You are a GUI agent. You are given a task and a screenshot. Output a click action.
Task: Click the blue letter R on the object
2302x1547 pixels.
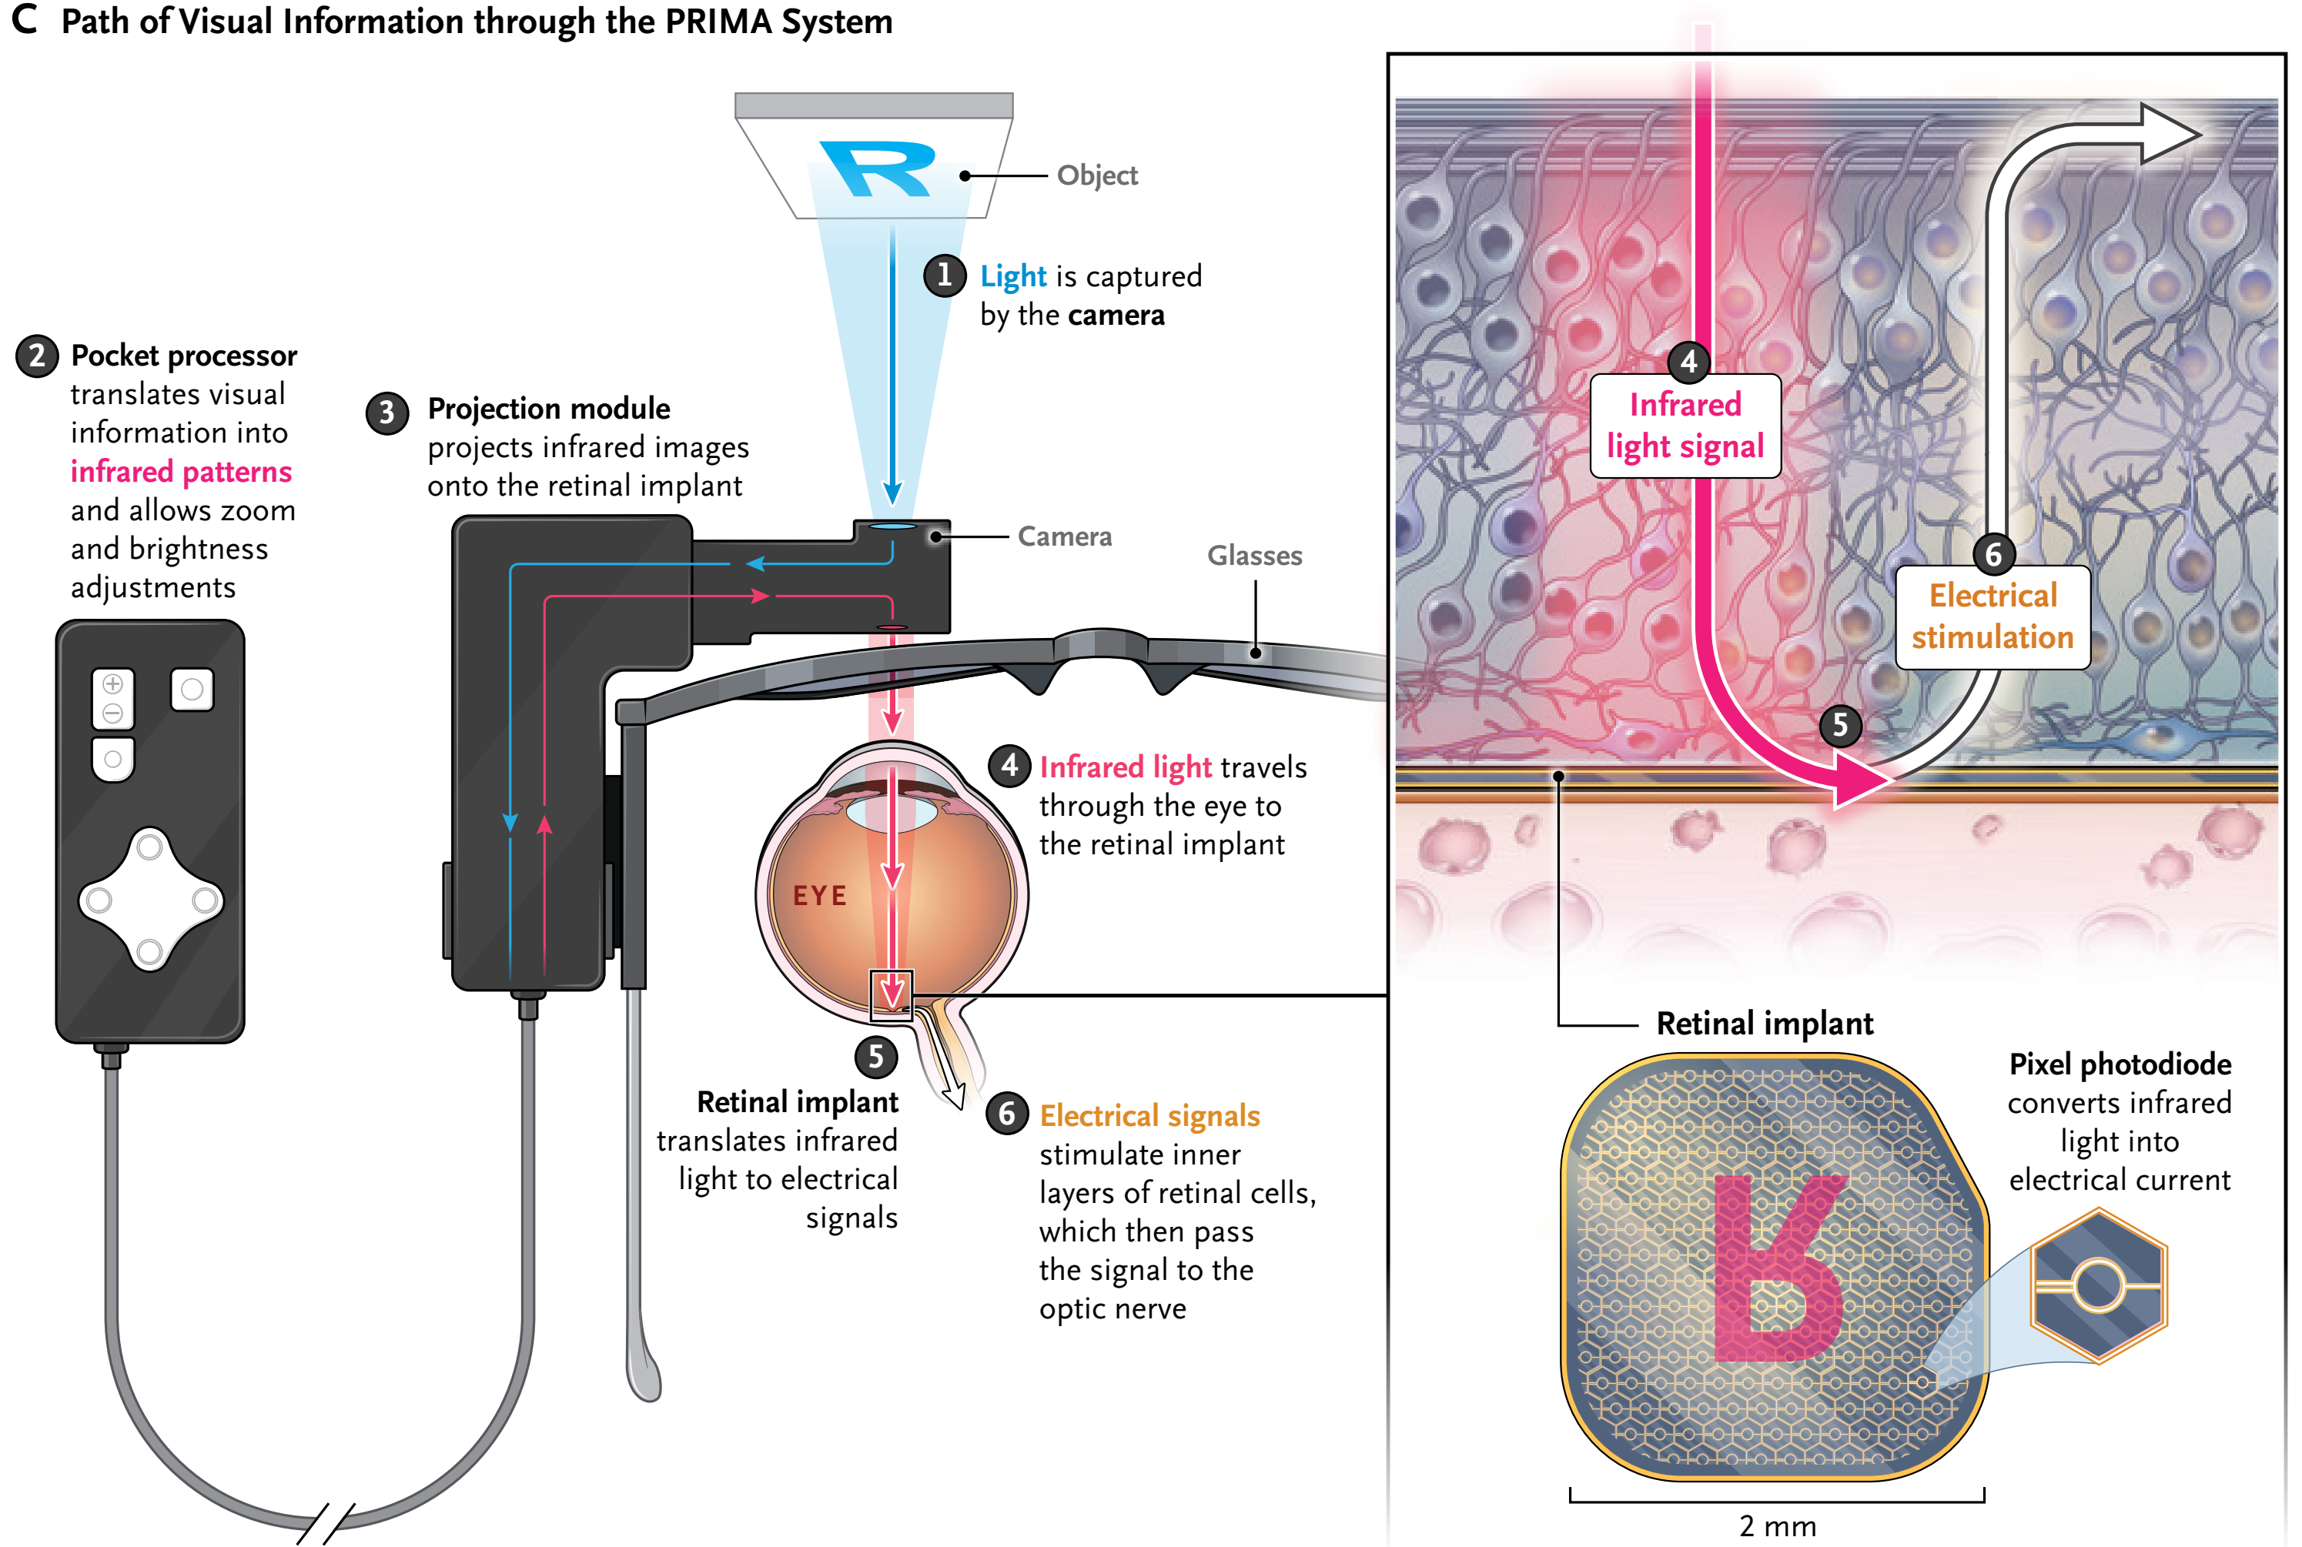(877, 169)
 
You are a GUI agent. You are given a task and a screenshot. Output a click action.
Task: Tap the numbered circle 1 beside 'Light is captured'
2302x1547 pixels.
(945, 276)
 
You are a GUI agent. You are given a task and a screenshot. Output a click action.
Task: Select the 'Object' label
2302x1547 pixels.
(1096, 175)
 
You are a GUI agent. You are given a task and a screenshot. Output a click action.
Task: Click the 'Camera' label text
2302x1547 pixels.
(1064, 536)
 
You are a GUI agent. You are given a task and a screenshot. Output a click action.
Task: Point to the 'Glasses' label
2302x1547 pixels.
(1254, 556)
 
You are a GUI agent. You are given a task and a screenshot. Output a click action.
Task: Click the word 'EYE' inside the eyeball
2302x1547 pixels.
(819, 896)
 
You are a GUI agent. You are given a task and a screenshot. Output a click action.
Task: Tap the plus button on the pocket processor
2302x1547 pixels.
(112, 683)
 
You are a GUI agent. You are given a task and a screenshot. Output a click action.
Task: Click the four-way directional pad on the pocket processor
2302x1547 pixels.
(150, 899)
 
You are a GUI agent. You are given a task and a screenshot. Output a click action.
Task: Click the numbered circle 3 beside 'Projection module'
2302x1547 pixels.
(386, 413)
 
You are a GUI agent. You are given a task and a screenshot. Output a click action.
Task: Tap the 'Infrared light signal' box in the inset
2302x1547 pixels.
(1685, 426)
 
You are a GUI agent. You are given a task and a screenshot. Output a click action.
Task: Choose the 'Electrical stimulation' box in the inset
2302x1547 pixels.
(1993, 616)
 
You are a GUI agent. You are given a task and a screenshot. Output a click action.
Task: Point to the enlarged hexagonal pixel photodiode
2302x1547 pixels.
(2098, 1285)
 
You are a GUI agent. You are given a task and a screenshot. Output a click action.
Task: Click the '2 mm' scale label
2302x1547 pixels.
(1777, 1526)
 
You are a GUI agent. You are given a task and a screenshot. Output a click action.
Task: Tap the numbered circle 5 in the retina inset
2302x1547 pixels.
(1840, 725)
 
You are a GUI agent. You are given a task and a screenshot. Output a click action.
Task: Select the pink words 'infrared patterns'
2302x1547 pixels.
(181, 472)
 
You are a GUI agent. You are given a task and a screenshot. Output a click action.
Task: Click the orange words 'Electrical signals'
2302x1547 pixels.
(1149, 1116)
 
